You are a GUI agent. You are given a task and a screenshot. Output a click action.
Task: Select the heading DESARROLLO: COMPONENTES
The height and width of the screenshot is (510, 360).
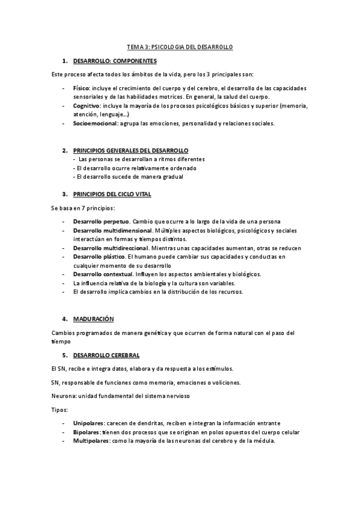[115, 61]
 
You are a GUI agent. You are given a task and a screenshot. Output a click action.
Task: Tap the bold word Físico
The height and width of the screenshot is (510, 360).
[82, 88]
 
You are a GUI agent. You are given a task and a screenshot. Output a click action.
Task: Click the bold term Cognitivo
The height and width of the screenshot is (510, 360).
[87, 106]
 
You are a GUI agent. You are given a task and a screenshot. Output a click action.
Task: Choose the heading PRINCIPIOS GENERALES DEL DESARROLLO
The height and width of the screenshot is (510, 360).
[130, 150]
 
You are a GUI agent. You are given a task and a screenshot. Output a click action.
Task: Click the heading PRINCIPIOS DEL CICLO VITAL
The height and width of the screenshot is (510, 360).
[112, 194]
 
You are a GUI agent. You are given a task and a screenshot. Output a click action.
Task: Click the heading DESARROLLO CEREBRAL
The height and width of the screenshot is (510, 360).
[106, 355]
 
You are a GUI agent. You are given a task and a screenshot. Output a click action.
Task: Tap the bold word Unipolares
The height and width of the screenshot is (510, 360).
[88, 423]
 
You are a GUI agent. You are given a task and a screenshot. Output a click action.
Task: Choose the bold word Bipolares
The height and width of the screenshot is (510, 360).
[87, 432]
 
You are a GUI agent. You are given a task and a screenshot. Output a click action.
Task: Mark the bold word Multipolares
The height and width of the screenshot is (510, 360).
[90, 440]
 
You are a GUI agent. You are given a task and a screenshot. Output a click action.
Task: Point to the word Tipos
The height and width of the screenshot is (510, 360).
[59, 409]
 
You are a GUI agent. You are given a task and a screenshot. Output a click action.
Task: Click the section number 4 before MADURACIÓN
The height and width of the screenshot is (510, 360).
[64, 318]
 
